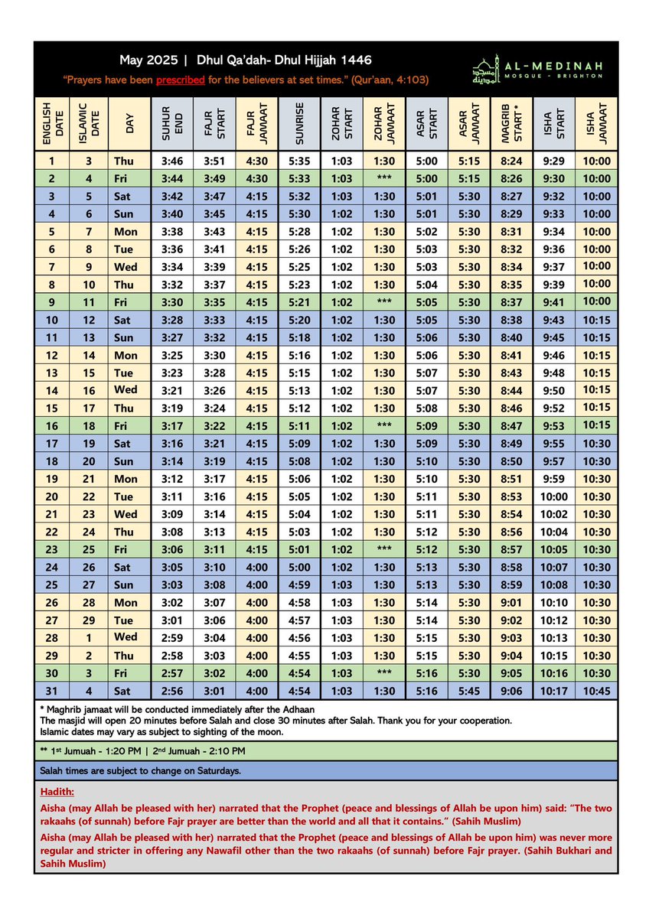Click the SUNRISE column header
pos(300,125)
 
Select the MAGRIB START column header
pos(511,125)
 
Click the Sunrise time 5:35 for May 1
pos(300,161)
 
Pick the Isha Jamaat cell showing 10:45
pos(596,691)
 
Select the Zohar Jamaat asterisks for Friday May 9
pos(384,302)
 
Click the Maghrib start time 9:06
pos(511,691)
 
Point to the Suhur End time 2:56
pos(172,691)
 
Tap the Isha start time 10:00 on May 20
pos(554,496)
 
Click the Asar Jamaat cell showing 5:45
pos(469,691)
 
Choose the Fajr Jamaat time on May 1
pos(257,161)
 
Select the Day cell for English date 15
pos(126,409)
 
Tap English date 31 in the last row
pos(52,691)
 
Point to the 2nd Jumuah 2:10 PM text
pos(201,751)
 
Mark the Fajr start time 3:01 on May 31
pos(215,691)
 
